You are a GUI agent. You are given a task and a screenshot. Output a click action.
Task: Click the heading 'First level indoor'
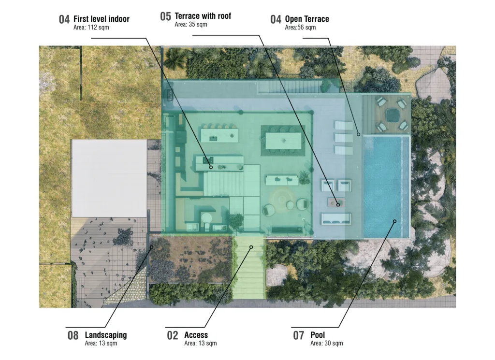click(x=102, y=19)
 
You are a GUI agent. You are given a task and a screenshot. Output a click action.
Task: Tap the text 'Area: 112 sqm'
click(x=91, y=28)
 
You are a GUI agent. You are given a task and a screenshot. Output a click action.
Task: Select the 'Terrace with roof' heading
click(x=203, y=16)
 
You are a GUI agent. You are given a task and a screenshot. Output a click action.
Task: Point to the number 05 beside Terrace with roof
click(x=165, y=16)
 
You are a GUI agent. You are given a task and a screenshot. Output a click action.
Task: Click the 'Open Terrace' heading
click(x=307, y=19)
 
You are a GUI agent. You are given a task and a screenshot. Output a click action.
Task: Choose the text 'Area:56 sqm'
click(x=300, y=28)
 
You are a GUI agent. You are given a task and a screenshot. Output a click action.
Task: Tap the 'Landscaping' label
click(x=106, y=335)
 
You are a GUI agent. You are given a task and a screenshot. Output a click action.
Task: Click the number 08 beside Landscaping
click(x=73, y=335)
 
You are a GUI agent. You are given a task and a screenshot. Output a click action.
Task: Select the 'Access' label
click(x=196, y=335)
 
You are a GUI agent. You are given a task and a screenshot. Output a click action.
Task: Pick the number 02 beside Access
click(x=173, y=335)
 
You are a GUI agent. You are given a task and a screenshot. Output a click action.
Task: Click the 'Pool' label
click(x=318, y=335)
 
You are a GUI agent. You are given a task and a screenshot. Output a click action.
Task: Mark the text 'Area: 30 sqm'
click(x=326, y=343)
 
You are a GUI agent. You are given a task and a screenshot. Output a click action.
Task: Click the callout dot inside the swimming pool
click(x=394, y=221)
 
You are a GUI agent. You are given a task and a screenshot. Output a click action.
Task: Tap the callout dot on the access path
click(x=251, y=247)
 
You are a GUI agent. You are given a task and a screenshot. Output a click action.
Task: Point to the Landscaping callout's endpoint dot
click(x=151, y=247)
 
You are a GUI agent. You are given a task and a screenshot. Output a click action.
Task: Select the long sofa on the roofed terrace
click(x=336, y=219)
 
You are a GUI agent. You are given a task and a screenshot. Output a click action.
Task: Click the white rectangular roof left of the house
click(x=109, y=178)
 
